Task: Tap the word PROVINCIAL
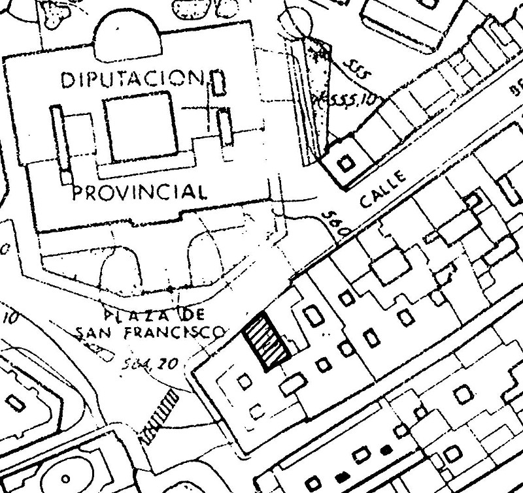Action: [137, 193]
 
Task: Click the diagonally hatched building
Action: [267, 342]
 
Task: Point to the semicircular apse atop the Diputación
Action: [127, 36]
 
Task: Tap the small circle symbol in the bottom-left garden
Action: [64, 475]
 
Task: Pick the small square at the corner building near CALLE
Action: [346, 161]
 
